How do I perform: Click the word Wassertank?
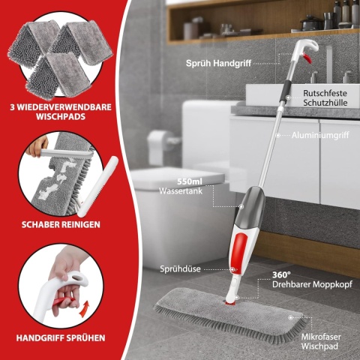pos(180,192)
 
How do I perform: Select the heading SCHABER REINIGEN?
pos(61,224)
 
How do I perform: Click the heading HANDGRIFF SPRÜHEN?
pos(61,337)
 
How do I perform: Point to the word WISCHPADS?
pos(61,118)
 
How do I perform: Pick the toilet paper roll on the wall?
pos(158,144)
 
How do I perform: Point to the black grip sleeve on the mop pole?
pos(286,91)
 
